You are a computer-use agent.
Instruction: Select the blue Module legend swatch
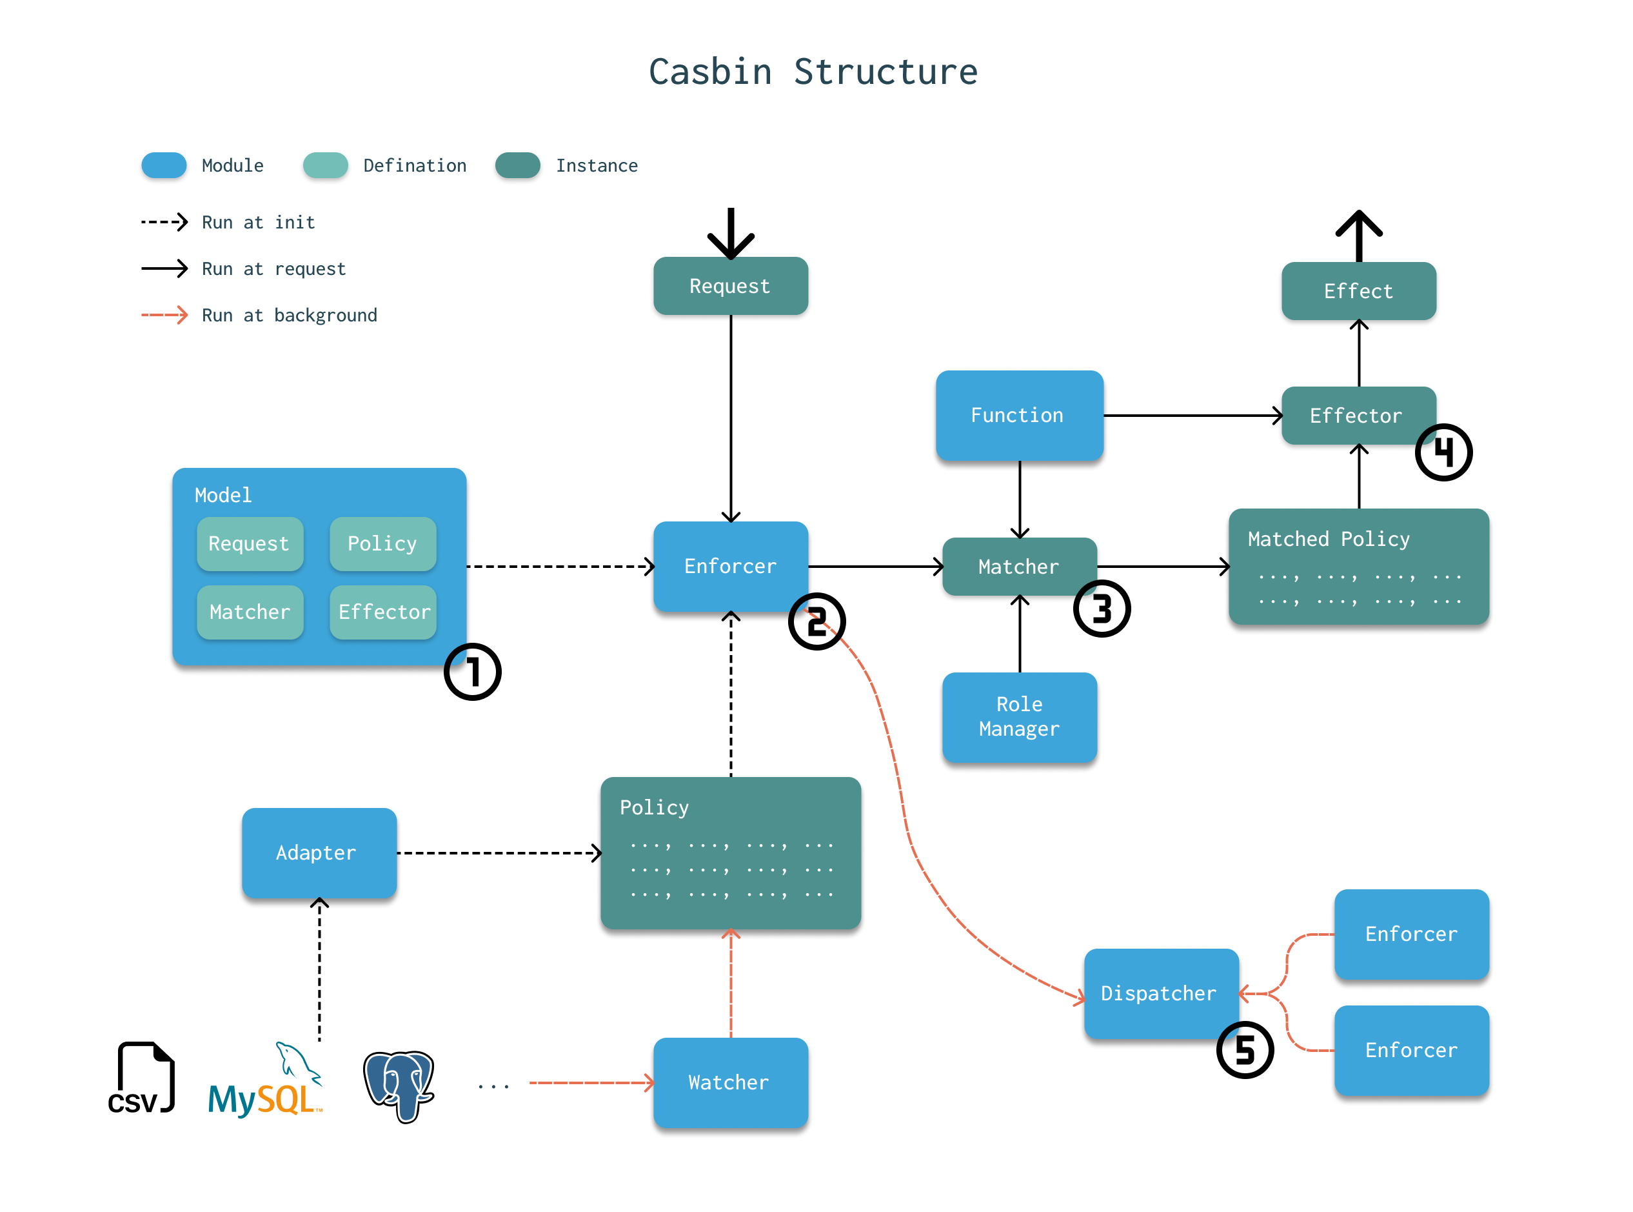click(164, 165)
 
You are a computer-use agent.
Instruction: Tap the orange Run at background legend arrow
click(164, 316)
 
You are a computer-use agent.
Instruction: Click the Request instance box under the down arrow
click(730, 286)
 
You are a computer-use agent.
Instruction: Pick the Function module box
click(1018, 415)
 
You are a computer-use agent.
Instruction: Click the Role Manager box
click(1018, 717)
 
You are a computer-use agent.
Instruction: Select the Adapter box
click(319, 853)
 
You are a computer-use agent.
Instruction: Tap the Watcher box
click(730, 1082)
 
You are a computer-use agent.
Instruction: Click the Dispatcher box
click(1161, 993)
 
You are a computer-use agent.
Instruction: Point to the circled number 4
click(1443, 452)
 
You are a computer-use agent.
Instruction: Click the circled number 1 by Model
click(472, 672)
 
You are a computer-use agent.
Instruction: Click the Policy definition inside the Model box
click(382, 543)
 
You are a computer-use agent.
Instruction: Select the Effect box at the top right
click(1358, 291)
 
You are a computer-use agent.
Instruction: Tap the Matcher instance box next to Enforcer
click(1018, 567)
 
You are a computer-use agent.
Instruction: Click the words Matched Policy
click(1328, 540)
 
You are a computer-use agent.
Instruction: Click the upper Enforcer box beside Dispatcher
click(1411, 934)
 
